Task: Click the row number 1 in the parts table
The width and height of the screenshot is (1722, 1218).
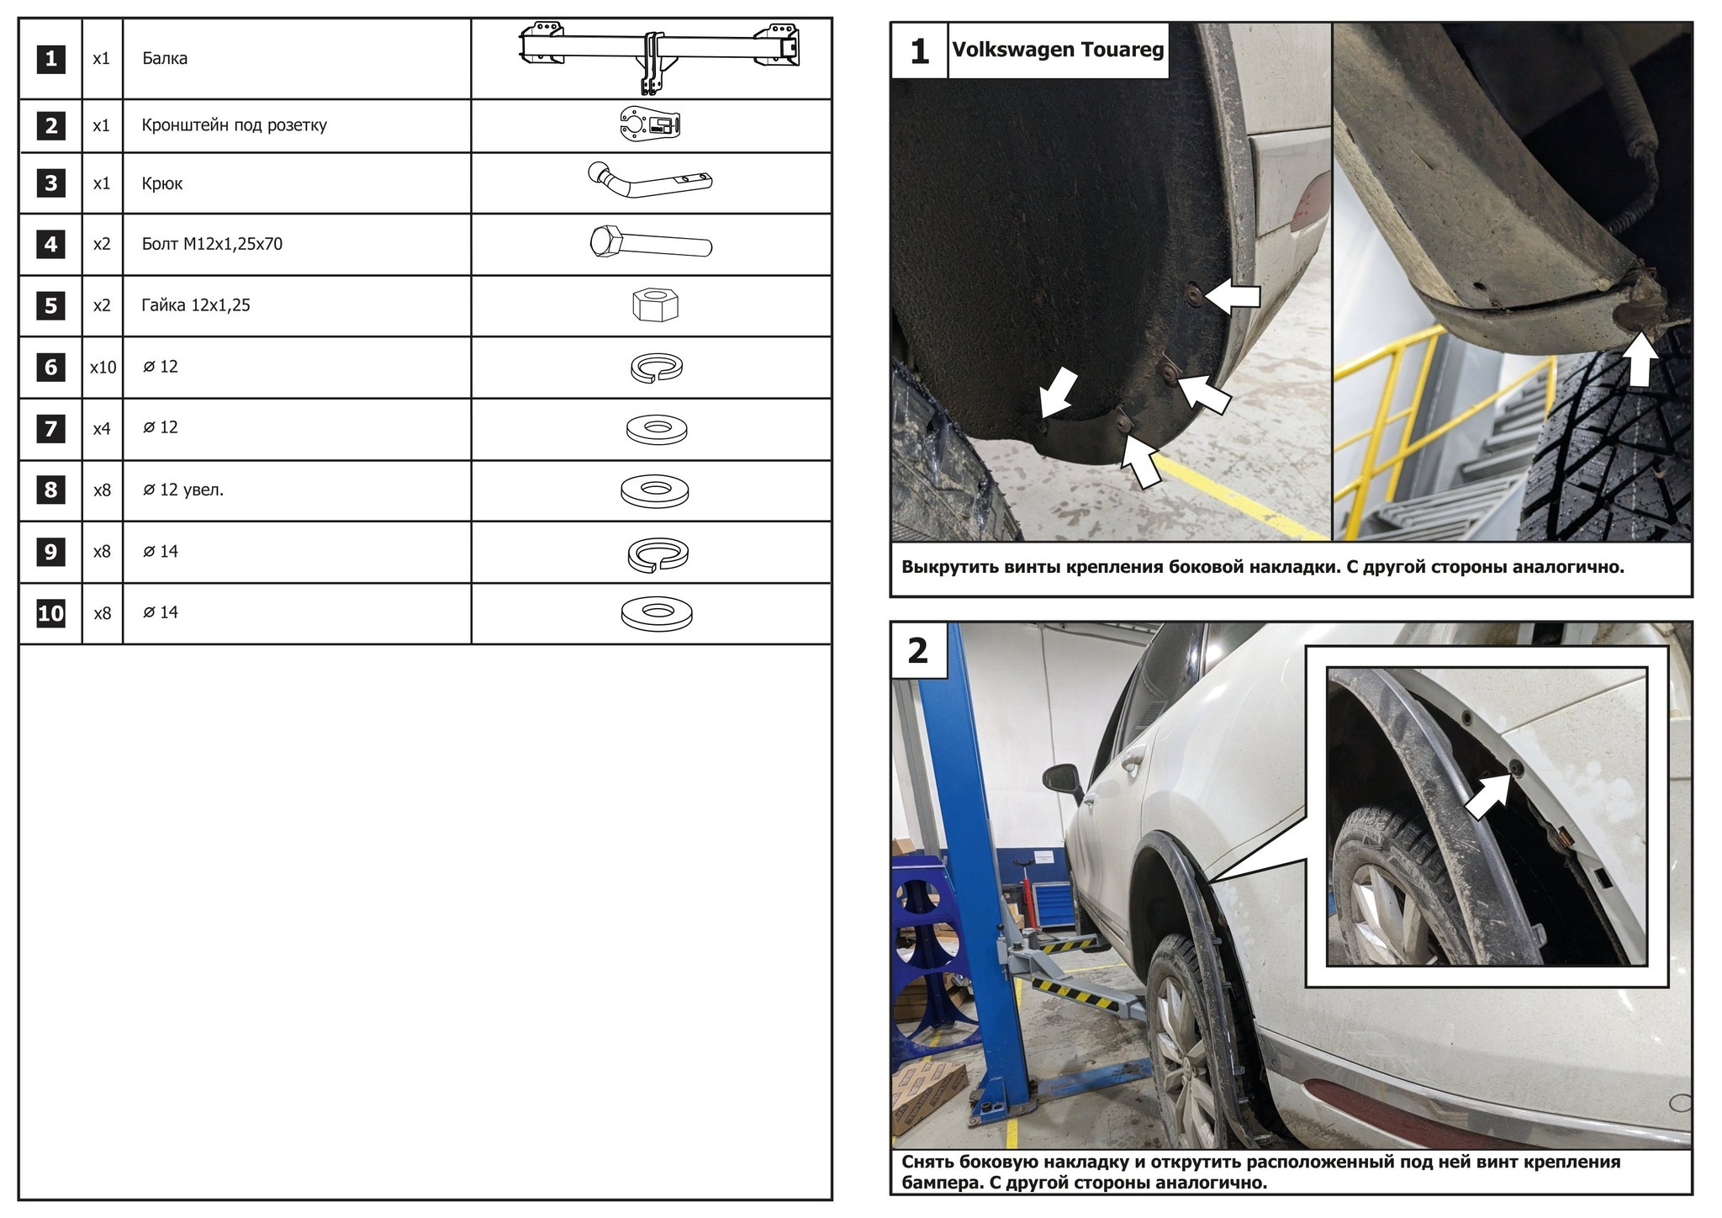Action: pos(51,59)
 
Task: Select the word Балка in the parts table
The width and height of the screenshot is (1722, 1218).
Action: pos(165,59)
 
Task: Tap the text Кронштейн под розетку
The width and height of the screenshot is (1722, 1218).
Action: pos(234,125)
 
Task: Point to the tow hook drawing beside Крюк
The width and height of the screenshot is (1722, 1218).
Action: pos(648,182)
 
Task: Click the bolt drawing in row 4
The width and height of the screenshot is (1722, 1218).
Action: pos(651,243)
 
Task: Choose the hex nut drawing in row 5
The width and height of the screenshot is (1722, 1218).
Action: pos(655,304)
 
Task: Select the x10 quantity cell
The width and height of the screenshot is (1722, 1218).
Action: pos(103,368)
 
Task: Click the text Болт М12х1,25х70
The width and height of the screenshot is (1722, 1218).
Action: pos(212,244)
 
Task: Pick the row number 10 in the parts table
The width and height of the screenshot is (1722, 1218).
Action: pos(51,613)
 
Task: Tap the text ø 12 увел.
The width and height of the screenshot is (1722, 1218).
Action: pos(183,490)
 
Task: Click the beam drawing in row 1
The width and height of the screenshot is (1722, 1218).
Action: pos(659,55)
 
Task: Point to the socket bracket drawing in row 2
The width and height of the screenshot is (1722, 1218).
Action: pos(649,125)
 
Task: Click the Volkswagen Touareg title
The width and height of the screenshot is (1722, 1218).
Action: pos(1058,50)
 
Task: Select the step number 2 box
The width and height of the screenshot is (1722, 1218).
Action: pos(918,651)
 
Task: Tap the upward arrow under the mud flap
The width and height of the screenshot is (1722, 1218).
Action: pos(1639,359)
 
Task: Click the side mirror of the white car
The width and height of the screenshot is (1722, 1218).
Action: pos(1062,781)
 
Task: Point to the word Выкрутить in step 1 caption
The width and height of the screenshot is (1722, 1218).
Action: pos(949,567)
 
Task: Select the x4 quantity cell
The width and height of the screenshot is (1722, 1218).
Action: pos(102,429)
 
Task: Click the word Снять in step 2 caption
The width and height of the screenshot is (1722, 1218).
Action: pos(929,1162)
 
